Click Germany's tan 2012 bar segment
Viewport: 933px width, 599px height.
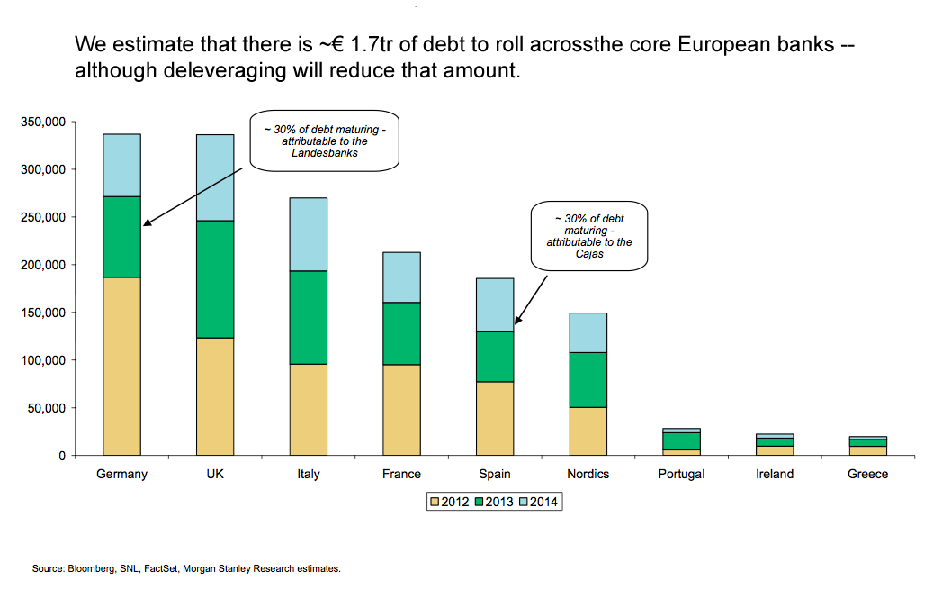[121, 366]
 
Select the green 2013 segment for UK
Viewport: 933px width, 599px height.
[215, 279]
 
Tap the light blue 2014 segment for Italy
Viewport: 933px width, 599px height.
[308, 234]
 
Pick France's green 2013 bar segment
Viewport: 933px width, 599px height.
[401, 333]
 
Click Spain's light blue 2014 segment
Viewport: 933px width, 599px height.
[495, 304]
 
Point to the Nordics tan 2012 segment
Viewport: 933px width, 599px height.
[588, 431]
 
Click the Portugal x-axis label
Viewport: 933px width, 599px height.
[681, 474]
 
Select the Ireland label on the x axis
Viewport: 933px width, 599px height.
[775, 474]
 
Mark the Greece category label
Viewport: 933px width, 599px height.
[867, 474]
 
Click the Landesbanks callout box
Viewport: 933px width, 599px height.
[324, 141]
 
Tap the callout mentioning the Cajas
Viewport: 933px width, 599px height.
[588, 235]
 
